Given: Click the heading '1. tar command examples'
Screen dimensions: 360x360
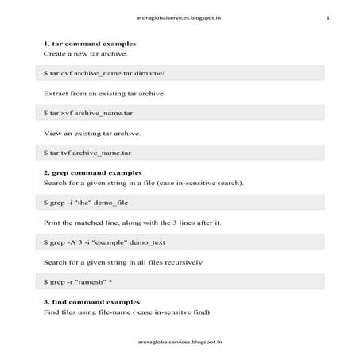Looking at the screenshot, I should pyautogui.click(x=89, y=43).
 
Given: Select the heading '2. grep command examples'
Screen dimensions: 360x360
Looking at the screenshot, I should pyautogui.click(x=92, y=172).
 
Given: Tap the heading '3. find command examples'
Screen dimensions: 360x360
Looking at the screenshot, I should pyautogui.click(x=91, y=302).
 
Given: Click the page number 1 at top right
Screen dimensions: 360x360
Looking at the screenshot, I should pyautogui.click(x=327, y=17).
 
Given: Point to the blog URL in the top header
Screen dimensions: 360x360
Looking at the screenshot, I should pyautogui.click(x=179, y=17).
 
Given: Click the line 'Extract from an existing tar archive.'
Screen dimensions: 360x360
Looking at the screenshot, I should pyautogui.click(x=104, y=93).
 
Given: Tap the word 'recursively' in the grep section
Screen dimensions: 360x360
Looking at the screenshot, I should pyautogui.click(x=183, y=261).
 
